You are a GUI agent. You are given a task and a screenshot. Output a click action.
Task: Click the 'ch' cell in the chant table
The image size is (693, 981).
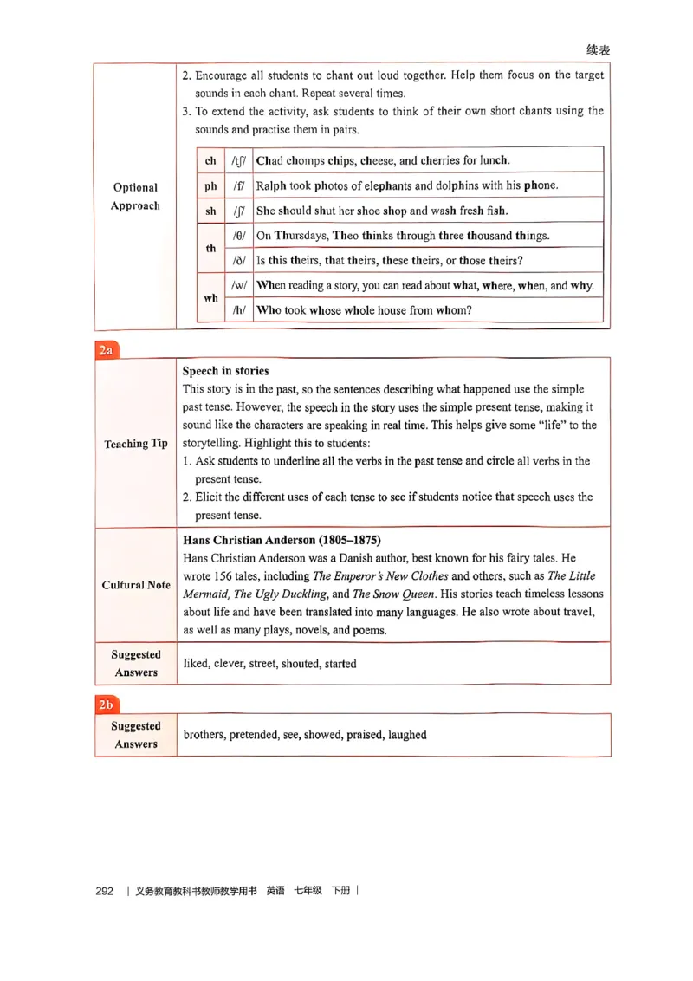(210, 160)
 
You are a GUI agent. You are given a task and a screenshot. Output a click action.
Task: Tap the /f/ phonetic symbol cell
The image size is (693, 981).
(238, 185)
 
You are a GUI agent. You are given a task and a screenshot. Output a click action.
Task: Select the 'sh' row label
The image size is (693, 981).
(210, 211)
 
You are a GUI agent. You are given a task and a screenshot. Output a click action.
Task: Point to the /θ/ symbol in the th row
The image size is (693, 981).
(239, 236)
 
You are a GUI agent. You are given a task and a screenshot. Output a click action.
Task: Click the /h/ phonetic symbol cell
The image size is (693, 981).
(238, 310)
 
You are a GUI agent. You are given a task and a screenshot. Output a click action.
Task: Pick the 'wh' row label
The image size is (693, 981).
(210, 298)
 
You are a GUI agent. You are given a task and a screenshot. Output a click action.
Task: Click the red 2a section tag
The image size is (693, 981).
(107, 350)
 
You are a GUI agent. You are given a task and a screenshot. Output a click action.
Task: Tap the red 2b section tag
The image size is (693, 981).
(107, 705)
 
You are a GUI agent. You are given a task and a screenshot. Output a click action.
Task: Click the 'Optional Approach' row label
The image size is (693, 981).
(135, 197)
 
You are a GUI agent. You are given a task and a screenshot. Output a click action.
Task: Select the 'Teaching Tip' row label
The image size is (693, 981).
(136, 444)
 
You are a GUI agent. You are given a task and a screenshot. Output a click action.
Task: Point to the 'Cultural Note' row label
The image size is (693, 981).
(136, 585)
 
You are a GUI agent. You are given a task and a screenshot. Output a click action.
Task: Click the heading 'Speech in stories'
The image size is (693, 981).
(225, 371)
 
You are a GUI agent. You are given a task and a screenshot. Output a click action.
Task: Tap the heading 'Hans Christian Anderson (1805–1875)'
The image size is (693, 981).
(282, 540)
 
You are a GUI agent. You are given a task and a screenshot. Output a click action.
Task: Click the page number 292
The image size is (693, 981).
(105, 891)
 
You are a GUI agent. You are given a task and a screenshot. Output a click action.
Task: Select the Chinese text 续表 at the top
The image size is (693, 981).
(598, 50)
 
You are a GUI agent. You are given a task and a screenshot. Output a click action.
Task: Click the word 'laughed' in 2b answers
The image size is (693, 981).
(407, 735)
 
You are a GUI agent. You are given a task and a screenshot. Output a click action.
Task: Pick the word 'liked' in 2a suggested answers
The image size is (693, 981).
(196, 664)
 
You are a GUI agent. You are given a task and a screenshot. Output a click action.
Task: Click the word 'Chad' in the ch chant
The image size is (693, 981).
(270, 160)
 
